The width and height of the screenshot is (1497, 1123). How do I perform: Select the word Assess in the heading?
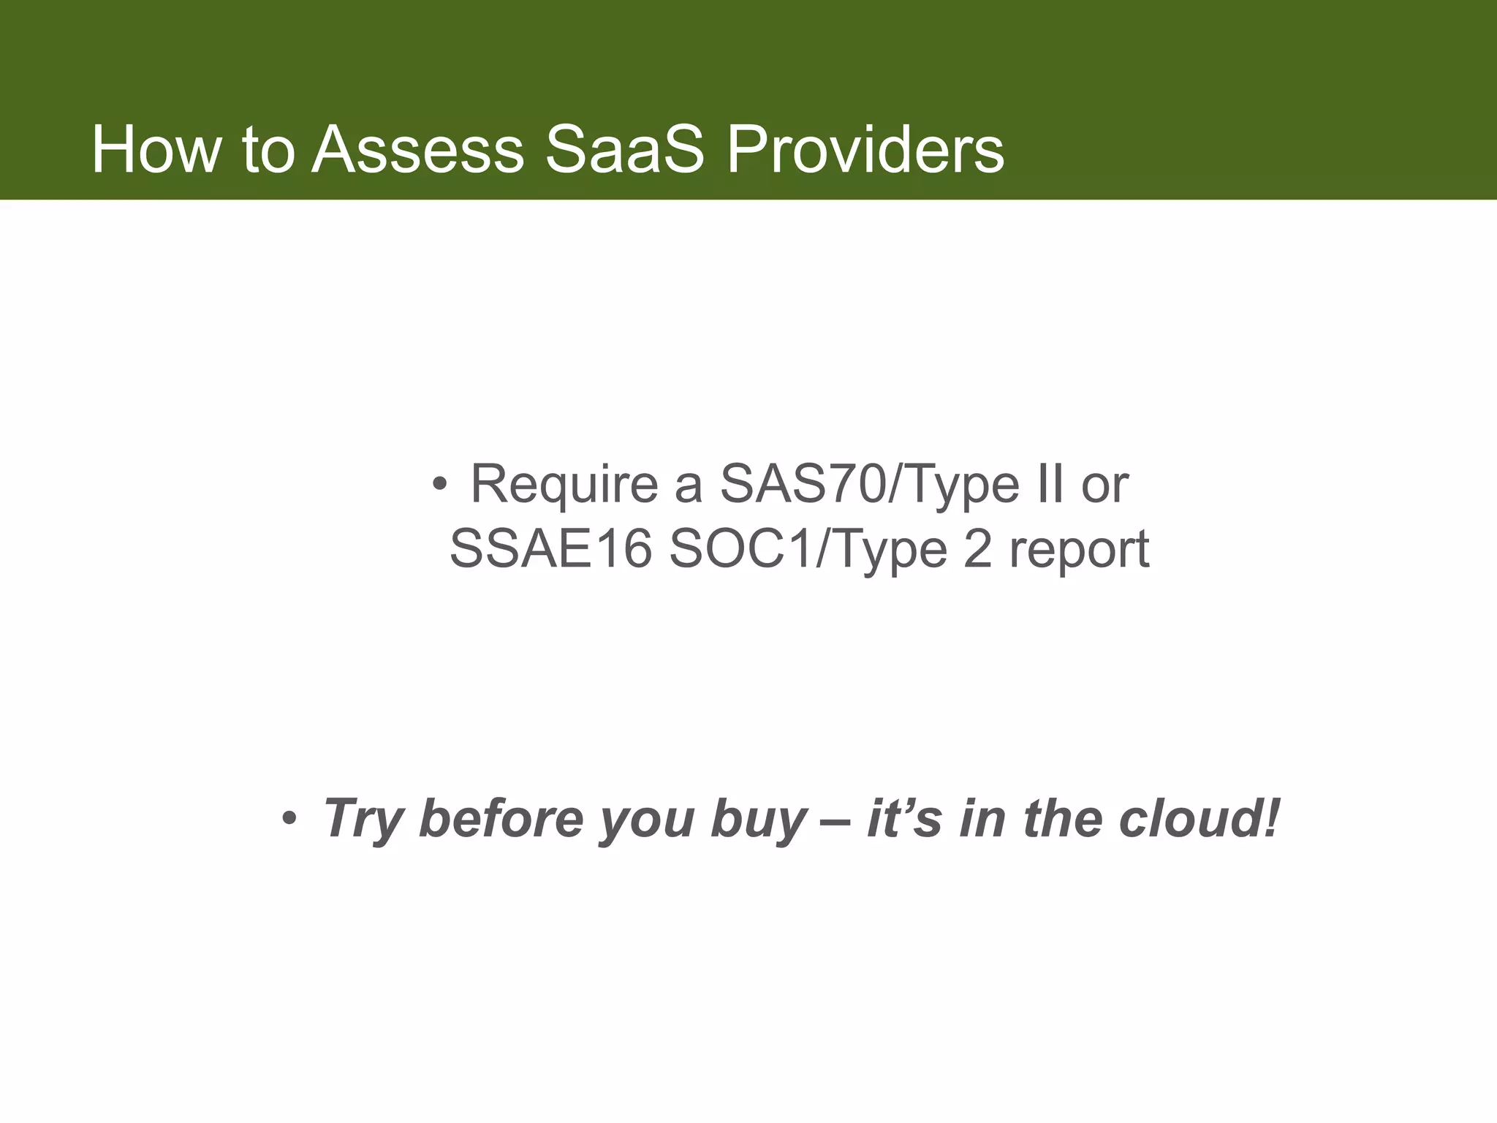coord(417,150)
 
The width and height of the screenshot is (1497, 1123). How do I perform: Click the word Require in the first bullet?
coord(564,485)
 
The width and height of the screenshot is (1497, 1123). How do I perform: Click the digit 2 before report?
coord(978,549)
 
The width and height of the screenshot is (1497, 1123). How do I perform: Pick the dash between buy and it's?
coord(836,820)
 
